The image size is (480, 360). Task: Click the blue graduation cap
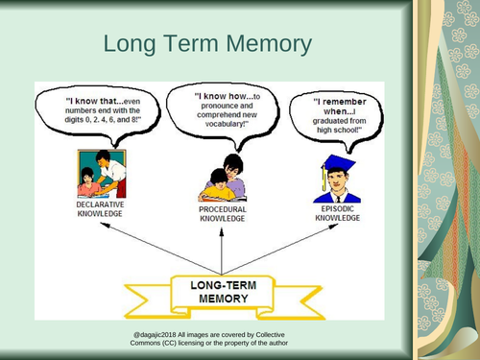coord(338,165)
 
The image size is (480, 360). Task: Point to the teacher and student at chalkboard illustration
coord(99,173)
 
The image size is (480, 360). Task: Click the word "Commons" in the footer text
coord(154,343)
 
